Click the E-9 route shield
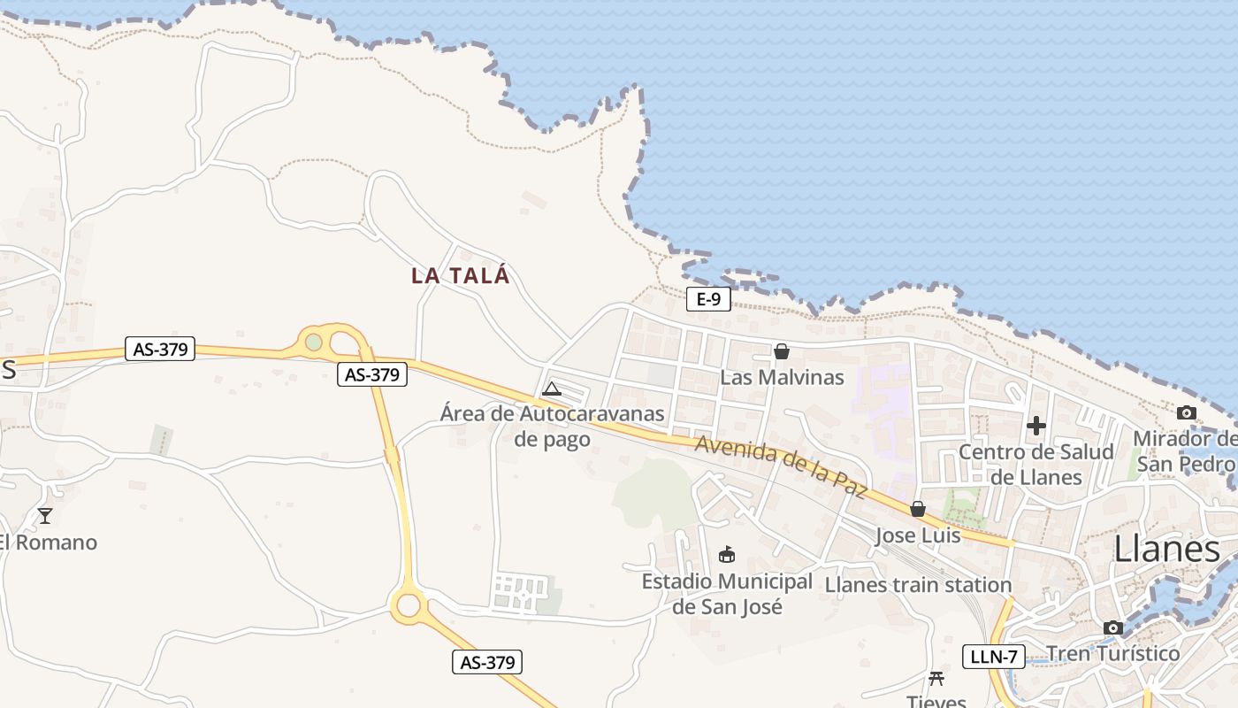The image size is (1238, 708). coord(708,299)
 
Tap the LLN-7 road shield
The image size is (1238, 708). coord(993,657)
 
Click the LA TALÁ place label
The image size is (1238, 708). coord(461,275)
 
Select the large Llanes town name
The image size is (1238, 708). coord(1166,549)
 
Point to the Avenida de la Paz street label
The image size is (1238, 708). coord(781,466)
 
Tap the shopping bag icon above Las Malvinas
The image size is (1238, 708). coord(781,351)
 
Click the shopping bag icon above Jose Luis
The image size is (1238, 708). coord(918,509)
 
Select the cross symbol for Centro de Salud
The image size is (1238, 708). coord(1036,426)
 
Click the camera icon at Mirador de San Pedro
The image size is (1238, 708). coord(1187,412)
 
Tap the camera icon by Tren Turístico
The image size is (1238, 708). coord(1113,628)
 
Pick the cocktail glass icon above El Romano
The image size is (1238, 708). coord(45,515)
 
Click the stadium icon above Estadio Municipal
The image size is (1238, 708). coord(727,555)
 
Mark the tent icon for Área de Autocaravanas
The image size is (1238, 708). coord(552,388)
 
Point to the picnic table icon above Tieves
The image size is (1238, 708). coord(936,679)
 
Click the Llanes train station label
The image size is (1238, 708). coord(918,585)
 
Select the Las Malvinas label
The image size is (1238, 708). coord(782,377)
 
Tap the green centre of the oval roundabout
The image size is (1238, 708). coord(314,342)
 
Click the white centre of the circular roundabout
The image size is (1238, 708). coord(408,605)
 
